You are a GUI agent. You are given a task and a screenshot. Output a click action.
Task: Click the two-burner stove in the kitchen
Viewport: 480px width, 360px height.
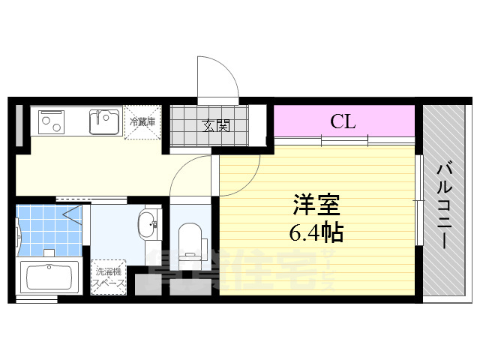click(52, 121)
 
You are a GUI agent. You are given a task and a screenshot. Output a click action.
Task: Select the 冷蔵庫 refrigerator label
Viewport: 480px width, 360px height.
click(142, 121)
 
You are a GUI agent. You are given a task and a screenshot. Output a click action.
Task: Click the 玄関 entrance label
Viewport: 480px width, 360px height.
click(215, 125)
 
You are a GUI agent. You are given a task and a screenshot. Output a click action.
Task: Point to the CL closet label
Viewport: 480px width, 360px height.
click(343, 121)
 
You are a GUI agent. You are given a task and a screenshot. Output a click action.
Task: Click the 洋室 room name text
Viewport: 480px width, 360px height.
click(316, 205)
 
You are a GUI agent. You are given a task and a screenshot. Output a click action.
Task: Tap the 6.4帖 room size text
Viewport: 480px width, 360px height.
click(316, 233)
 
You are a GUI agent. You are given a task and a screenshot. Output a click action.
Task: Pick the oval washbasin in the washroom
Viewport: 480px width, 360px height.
click(147, 223)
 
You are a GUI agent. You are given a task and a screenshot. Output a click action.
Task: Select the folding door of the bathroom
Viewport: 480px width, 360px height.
click(73, 217)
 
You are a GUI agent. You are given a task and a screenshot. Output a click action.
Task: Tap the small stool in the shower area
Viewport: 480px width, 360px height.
click(49, 253)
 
